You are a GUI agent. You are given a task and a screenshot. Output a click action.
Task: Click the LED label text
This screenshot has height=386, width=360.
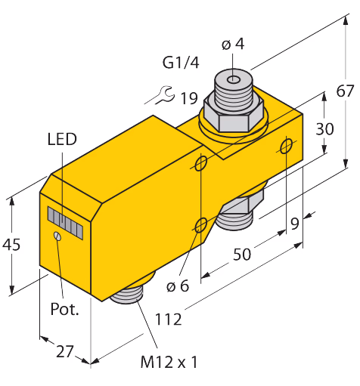coord(62,139)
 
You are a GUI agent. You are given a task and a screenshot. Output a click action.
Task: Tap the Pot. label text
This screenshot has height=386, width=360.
coord(64,309)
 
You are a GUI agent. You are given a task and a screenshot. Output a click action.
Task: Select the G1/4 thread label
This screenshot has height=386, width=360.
coord(181,63)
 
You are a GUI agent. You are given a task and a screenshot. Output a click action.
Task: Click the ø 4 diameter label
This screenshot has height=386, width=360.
coord(233,44)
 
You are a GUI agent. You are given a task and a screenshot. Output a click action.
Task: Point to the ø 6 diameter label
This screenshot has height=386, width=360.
coord(178,286)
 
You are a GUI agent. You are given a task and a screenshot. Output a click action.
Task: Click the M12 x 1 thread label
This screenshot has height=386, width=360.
coord(169,362)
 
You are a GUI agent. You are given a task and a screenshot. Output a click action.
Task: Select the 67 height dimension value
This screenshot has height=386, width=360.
coord(345,91)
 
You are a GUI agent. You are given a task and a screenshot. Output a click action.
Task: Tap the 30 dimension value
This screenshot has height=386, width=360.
coord(324,128)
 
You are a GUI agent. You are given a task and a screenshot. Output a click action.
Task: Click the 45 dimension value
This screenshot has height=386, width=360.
coord(11,244)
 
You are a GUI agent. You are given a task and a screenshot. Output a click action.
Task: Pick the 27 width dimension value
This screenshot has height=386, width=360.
coord(65,351)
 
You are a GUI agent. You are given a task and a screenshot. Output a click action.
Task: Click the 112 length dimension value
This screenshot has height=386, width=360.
coord(168,320)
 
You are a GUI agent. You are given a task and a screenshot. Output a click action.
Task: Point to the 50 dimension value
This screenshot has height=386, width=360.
coord(242,254)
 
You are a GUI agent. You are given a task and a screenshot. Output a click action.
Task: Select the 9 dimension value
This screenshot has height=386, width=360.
coord(295,224)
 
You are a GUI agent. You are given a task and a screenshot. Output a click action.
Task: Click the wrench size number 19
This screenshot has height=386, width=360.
coord(189,98)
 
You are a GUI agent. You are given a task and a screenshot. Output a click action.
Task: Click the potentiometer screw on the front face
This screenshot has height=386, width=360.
coord(57,236)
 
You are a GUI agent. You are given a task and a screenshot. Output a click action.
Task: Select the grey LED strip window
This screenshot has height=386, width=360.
coord(65,223)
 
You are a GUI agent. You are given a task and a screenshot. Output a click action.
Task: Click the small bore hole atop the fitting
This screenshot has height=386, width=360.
coord(234,80)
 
